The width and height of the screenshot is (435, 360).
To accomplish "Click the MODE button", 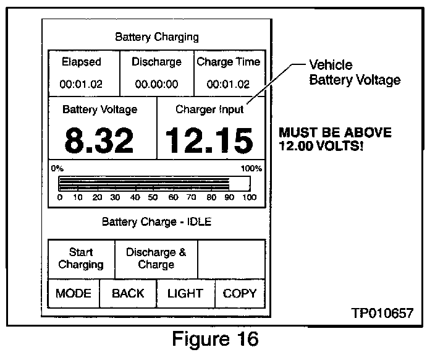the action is pos(74,293).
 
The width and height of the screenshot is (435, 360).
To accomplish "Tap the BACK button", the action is pos(128,293).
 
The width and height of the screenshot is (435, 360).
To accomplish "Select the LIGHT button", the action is pos(185,293).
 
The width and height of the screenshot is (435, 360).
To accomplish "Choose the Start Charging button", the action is pos(81,259).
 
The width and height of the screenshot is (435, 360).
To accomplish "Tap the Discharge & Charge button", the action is pos(156,259).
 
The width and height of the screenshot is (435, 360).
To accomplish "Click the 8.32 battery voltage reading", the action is pos(99,140).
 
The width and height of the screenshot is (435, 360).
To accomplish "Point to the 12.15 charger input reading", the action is pos(210,140).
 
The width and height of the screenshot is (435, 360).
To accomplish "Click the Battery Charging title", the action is pos(157,37).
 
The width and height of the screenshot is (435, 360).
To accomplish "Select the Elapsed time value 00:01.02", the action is pos(81,84).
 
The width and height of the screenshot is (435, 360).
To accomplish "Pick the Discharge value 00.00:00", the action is pos(156,84).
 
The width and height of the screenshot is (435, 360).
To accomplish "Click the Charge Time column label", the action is pos(229,62).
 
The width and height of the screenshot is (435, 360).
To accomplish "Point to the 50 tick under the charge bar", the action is pos(154,197).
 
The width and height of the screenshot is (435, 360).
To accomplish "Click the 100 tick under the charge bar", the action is pos(249,197).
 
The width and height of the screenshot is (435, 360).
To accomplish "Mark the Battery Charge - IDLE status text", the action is pos(156,221).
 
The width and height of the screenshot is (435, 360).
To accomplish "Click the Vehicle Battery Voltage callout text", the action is pos(354,72).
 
